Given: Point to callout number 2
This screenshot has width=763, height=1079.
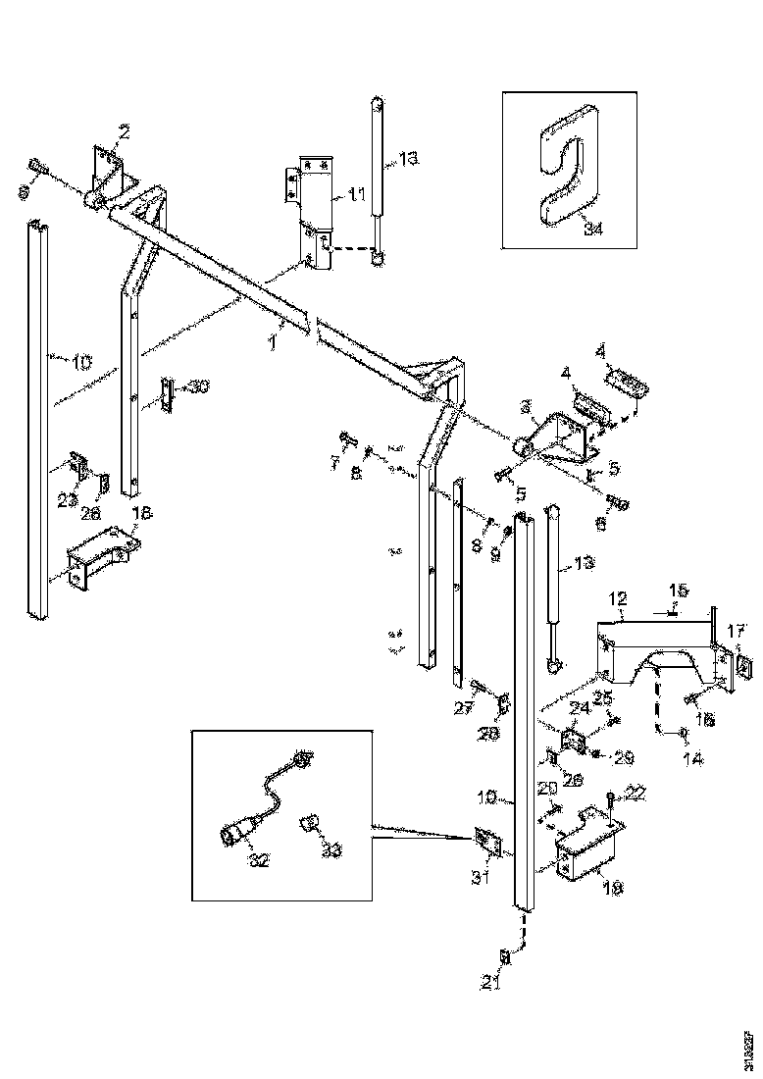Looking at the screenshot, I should point(125,129).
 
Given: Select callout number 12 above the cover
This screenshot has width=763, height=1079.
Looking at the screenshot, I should point(618,597).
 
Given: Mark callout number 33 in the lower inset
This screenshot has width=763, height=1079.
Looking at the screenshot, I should point(332,849).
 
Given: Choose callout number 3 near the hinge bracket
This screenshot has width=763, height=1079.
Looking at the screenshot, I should point(526,405).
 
